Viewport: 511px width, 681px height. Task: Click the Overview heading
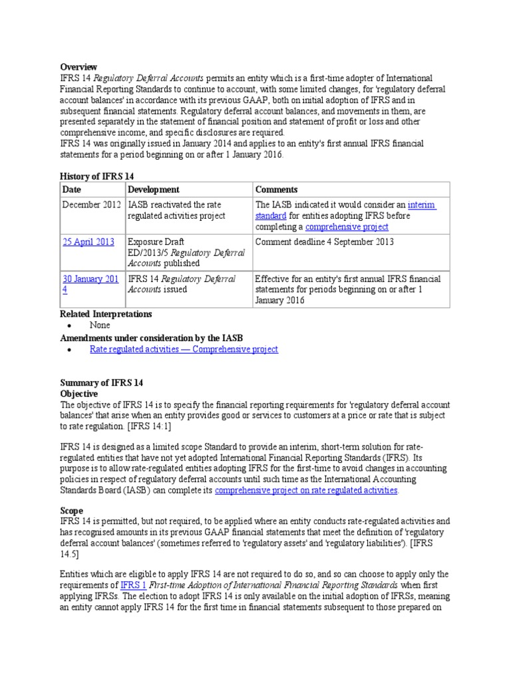coord(79,67)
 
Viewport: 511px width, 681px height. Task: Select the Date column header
coord(72,190)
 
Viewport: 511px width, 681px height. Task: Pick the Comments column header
coord(276,190)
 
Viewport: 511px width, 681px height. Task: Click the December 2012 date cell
coord(92,205)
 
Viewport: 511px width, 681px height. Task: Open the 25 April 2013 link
coord(88,242)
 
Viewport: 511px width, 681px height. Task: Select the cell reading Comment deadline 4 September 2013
coord(324,242)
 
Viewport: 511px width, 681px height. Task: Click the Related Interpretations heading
coord(106,314)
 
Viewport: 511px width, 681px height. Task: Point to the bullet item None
coord(100,325)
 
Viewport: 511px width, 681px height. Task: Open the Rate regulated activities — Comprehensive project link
coord(184,349)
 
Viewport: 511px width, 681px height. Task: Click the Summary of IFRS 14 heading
coord(101,383)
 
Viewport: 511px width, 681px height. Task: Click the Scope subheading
coord(73,511)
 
